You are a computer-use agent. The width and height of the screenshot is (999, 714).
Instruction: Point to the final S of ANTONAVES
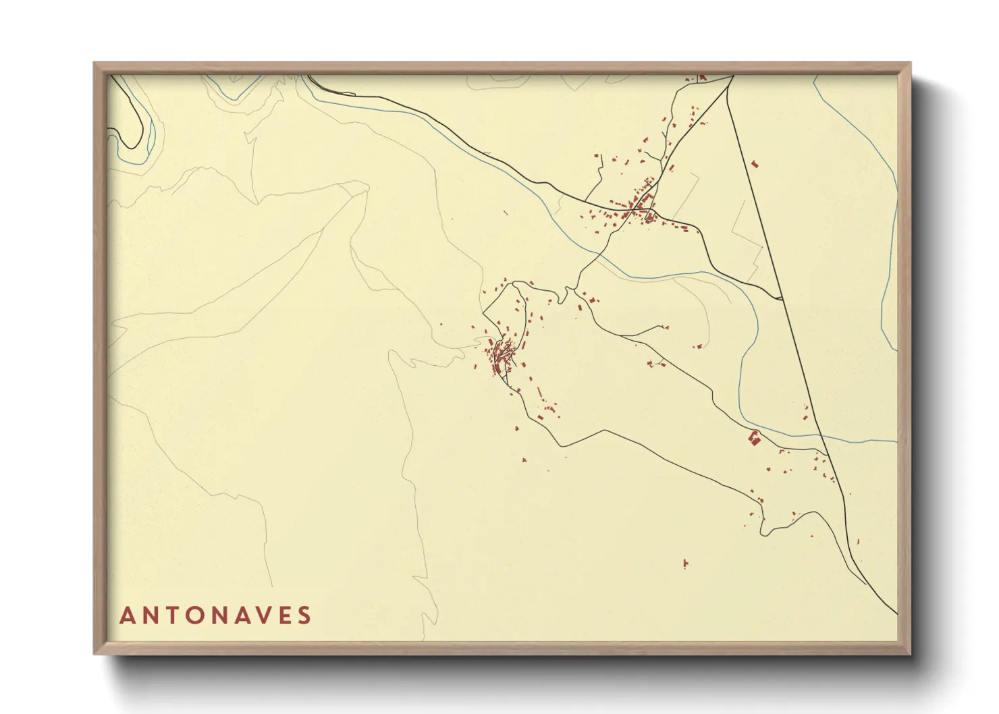click(304, 615)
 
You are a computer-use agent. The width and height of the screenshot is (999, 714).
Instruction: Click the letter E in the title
click(282, 615)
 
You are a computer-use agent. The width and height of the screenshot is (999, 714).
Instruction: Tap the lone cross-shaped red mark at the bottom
click(685, 563)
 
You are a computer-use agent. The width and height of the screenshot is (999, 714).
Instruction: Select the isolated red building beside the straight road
click(754, 163)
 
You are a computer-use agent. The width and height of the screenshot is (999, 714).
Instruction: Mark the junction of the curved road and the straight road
click(781, 298)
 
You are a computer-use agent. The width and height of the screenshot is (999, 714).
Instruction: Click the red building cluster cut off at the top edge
click(701, 78)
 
